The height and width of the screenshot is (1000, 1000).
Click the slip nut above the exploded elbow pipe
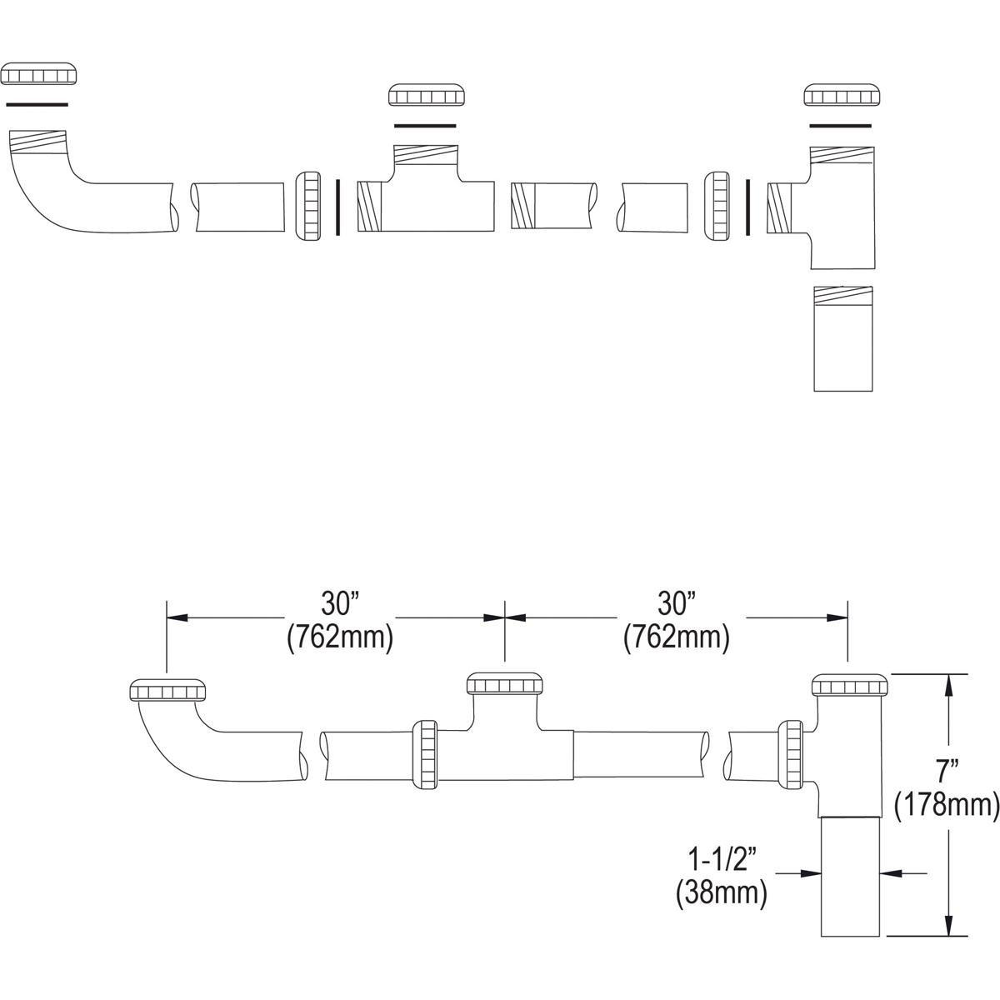click(40, 74)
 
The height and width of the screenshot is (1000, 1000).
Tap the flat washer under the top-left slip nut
click(37, 104)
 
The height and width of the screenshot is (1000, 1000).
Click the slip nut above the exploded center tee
click(425, 95)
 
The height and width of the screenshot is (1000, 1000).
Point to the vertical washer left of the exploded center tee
click(337, 207)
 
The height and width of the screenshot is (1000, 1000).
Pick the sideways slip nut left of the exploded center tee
click(309, 207)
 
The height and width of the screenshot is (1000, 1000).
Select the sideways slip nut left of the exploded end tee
click(717, 207)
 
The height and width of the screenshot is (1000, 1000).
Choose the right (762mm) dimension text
click(676, 638)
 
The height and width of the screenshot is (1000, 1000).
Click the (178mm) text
click(947, 806)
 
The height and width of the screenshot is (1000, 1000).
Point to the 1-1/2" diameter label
click(722, 857)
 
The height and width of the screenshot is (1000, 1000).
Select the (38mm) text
click(722, 893)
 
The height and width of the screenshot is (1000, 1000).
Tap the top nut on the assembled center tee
click(505, 683)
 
